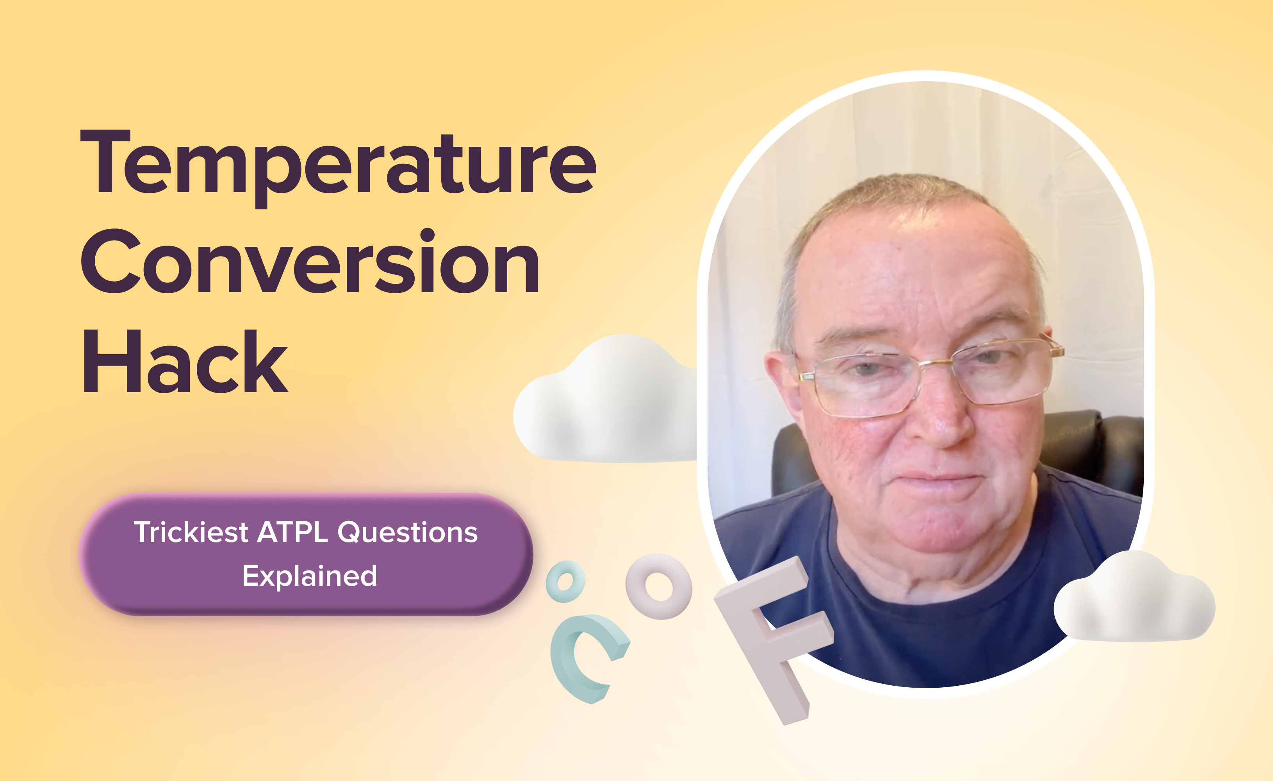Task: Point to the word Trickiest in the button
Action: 191,532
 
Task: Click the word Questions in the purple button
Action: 408,532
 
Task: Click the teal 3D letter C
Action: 581,659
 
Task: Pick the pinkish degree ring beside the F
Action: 659,586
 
